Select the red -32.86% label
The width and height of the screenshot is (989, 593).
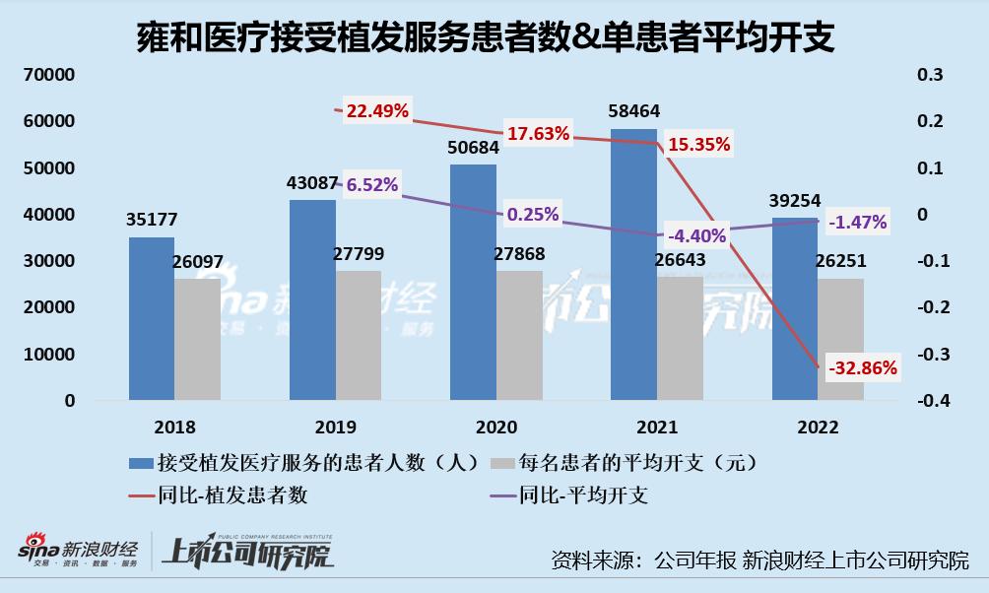pos(863,368)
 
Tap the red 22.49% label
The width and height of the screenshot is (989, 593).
pos(377,110)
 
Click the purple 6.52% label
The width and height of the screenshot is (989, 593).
pos(370,184)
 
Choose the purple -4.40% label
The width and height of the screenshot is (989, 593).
pos(695,235)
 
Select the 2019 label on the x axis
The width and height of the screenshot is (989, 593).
pos(336,428)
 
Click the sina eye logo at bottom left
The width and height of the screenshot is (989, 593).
pos(38,548)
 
